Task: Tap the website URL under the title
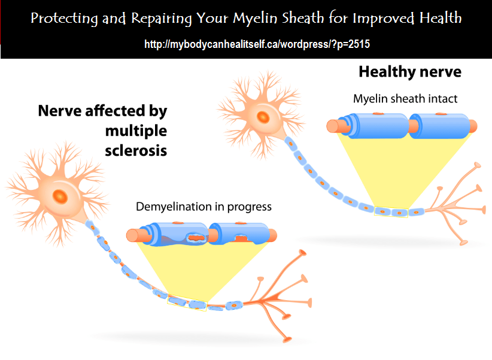(245, 45)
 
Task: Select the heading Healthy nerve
(410, 72)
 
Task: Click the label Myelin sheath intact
(405, 99)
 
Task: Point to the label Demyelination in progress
(204, 207)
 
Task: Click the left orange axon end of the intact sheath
(333, 126)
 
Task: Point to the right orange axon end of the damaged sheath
(273, 234)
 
